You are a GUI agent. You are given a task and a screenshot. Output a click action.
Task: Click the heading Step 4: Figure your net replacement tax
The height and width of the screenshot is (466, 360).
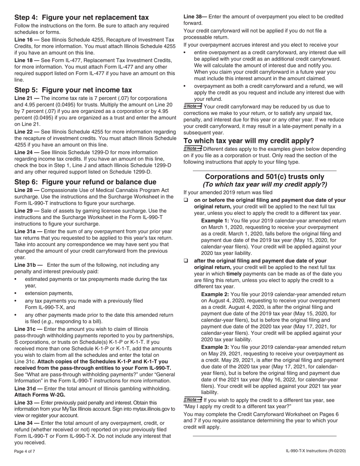(x=81, y=17)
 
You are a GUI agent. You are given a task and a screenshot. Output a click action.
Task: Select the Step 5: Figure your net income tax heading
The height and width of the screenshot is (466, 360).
(x=73, y=90)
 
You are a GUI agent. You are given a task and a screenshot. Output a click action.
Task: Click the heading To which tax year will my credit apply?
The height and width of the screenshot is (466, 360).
(x=249, y=141)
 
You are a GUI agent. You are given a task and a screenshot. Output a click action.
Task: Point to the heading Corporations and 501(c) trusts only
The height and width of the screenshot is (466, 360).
(x=265, y=177)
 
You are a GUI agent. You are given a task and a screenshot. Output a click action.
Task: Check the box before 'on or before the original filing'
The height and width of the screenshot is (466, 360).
(x=186, y=200)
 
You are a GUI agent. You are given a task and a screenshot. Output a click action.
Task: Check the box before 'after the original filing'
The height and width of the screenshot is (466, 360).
(x=186, y=261)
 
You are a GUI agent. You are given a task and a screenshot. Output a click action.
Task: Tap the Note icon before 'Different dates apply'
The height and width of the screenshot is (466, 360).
(x=193, y=149)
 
